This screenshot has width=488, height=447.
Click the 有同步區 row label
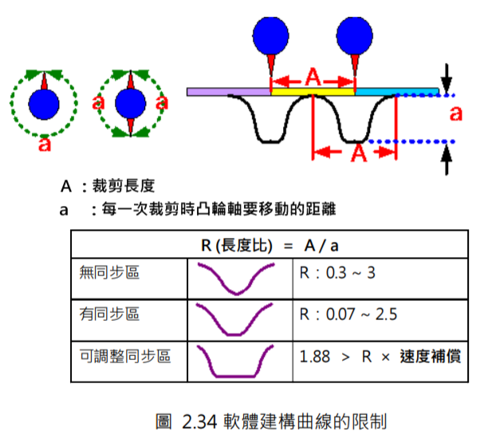tap(109, 314)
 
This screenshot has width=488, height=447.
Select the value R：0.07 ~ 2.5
tap(348, 314)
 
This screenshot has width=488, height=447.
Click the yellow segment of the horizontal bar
tap(313, 93)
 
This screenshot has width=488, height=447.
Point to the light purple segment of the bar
tap(229, 93)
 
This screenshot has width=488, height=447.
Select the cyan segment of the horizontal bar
tap(375, 93)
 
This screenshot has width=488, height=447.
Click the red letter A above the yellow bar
tap(313, 77)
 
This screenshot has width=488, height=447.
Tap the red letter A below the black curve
tap(357, 152)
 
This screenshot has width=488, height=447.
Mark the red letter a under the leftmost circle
tap(45, 144)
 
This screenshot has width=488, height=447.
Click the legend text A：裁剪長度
tap(107, 187)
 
